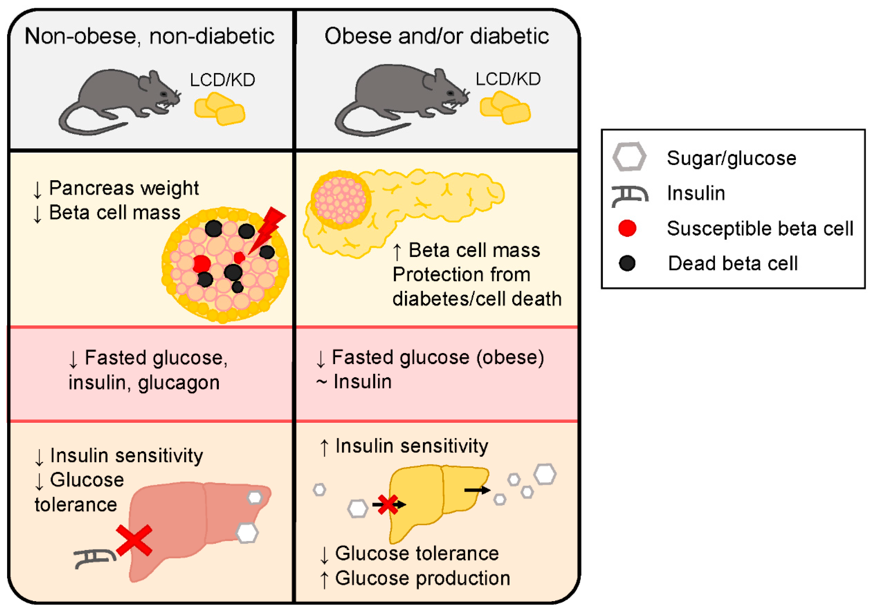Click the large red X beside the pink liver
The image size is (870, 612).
(x=134, y=541)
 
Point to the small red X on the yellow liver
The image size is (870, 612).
(x=387, y=505)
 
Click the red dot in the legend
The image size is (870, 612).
(x=627, y=228)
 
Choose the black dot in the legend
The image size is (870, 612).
(x=627, y=263)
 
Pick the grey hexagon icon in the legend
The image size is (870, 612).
(x=629, y=156)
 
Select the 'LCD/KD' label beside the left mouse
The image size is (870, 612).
(x=222, y=80)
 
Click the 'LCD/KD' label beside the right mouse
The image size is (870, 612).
(x=508, y=79)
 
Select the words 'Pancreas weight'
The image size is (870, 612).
(x=124, y=188)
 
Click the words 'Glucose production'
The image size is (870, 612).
(x=422, y=578)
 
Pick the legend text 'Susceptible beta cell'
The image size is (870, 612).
(x=760, y=228)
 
